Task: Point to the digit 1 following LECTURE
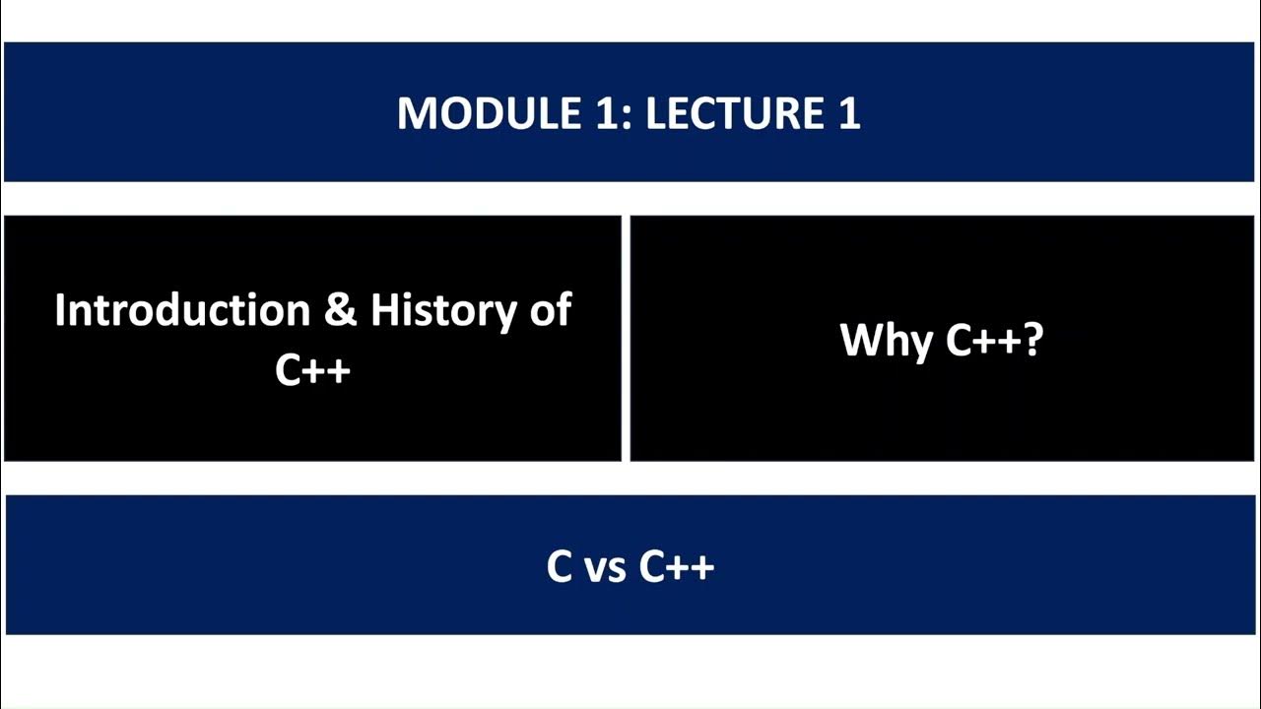[849, 113]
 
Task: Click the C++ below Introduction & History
[313, 369]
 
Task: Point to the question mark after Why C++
[1033, 341]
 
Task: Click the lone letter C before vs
[560, 566]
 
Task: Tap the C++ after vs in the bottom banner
[677, 566]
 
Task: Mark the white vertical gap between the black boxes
[626, 338]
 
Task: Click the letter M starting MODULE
[414, 113]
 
